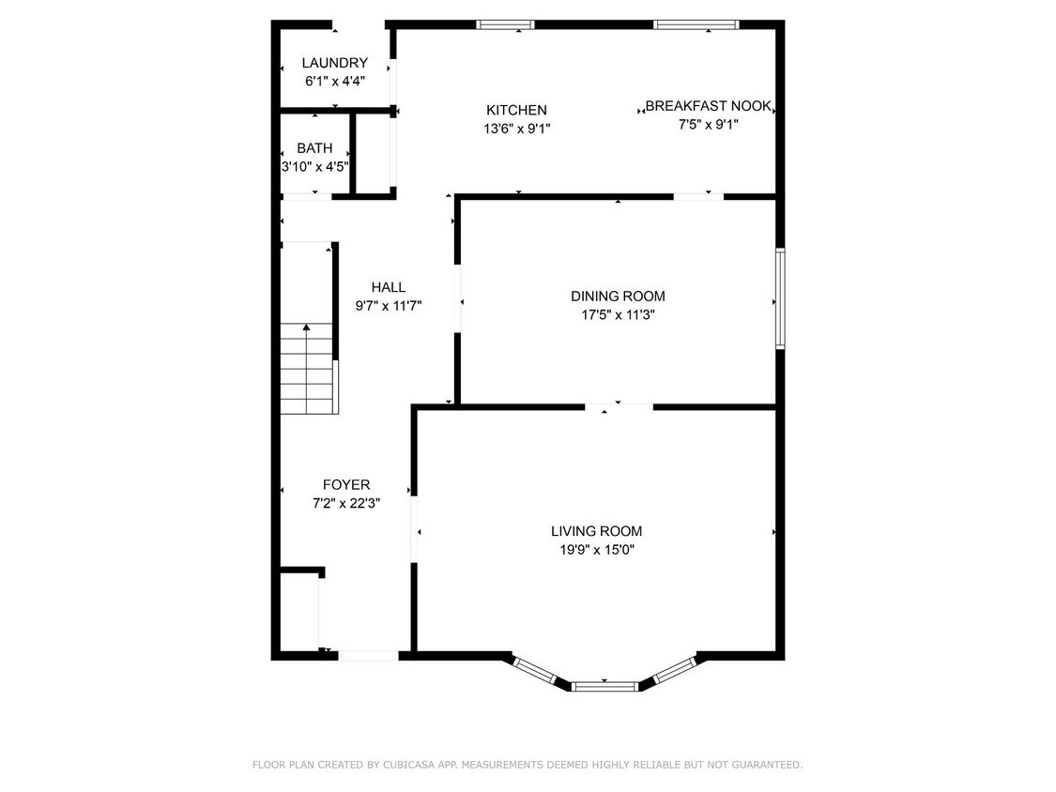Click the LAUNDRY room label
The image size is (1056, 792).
click(335, 63)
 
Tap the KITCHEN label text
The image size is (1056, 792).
click(516, 110)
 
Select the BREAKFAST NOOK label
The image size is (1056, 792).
click(708, 106)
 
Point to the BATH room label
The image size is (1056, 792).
click(314, 148)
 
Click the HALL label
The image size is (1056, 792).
click(389, 287)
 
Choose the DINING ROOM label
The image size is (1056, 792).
click(618, 297)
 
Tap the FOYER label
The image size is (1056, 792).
click(346, 485)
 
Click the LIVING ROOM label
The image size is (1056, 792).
click(597, 531)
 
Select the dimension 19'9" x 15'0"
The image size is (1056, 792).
click(597, 550)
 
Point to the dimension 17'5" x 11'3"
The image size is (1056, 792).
click(618, 314)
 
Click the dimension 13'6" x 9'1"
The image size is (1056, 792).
click(516, 128)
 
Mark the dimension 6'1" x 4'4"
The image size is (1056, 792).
click(335, 81)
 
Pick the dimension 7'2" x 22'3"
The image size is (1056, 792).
click(346, 503)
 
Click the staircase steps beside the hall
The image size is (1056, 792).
click(308, 369)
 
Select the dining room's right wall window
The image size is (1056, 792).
click(780, 298)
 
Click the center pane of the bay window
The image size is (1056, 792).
click(605, 687)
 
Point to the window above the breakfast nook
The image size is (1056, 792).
click(696, 25)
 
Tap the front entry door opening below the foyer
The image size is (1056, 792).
click(368, 655)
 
